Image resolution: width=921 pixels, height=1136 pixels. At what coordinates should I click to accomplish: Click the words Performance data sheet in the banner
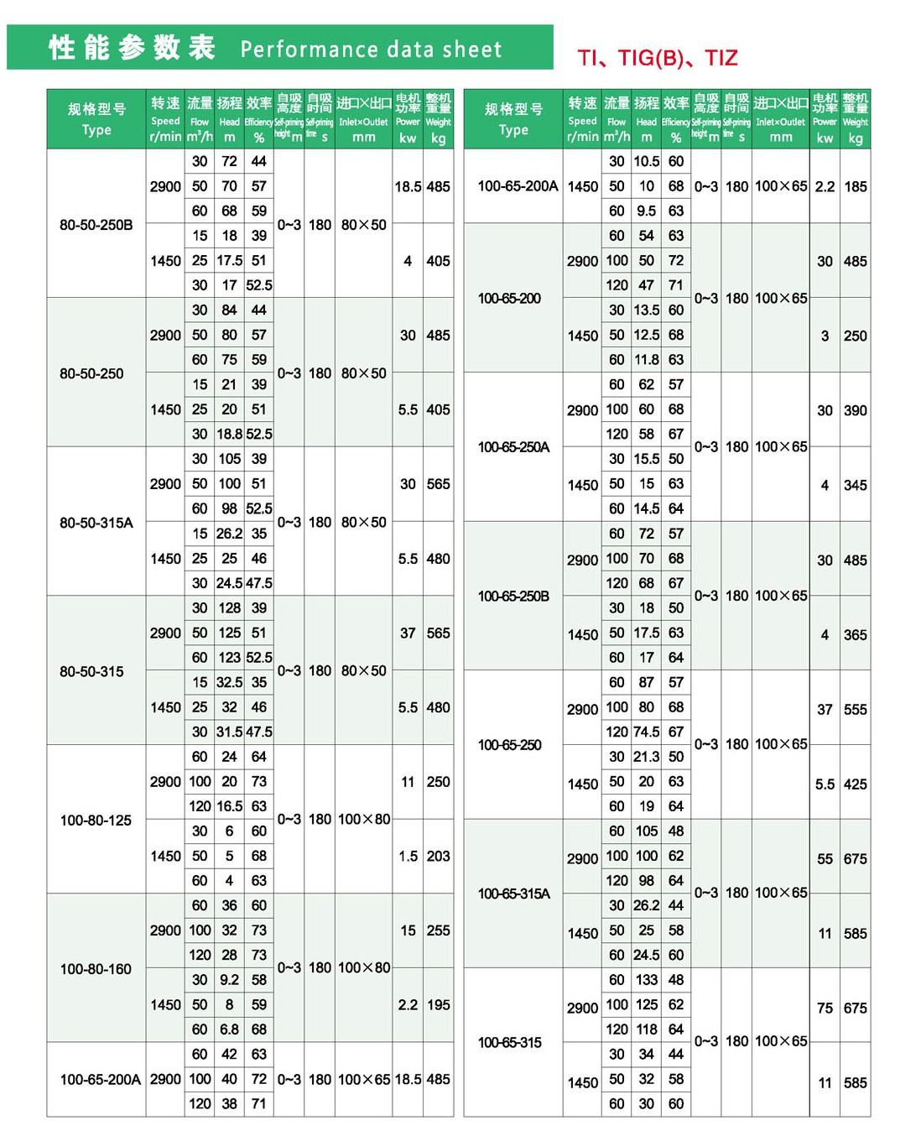(x=371, y=50)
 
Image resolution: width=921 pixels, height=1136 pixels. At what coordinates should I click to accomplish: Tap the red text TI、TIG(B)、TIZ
(x=657, y=58)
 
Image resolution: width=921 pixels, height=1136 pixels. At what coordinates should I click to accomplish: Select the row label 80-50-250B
(x=96, y=225)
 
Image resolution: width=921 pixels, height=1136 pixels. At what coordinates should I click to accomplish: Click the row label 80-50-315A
(x=96, y=523)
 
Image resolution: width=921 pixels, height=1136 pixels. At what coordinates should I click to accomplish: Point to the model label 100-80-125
(x=96, y=820)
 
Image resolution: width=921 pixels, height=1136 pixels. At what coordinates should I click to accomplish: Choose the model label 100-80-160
(x=96, y=969)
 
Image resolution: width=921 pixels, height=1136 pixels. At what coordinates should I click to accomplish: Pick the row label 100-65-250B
(x=513, y=596)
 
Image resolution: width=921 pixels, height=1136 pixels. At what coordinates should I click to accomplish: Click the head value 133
(x=646, y=980)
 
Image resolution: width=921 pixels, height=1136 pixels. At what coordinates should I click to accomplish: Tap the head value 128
(x=229, y=607)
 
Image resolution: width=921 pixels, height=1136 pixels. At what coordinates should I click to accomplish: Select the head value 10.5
(x=646, y=161)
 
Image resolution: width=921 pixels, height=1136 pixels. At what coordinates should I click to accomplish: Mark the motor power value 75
(x=825, y=1008)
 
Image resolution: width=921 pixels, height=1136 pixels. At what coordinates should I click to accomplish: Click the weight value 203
(x=438, y=856)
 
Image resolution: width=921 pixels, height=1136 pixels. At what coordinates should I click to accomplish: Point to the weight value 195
(x=438, y=1004)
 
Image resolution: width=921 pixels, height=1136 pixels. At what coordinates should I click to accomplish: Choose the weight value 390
(x=855, y=410)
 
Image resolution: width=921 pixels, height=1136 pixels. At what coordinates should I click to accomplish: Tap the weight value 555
(x=855, y=709)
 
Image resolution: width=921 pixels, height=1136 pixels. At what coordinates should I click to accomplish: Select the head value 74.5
(x=646, y=732)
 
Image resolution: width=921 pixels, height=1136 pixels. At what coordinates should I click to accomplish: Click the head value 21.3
(x=646, y=757)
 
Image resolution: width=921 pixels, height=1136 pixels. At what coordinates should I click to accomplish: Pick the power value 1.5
(x=408, y=856)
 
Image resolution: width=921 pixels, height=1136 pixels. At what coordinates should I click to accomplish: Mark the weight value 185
(x=855, y=186)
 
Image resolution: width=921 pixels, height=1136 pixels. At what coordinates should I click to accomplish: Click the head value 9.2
(x=229, y=979)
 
